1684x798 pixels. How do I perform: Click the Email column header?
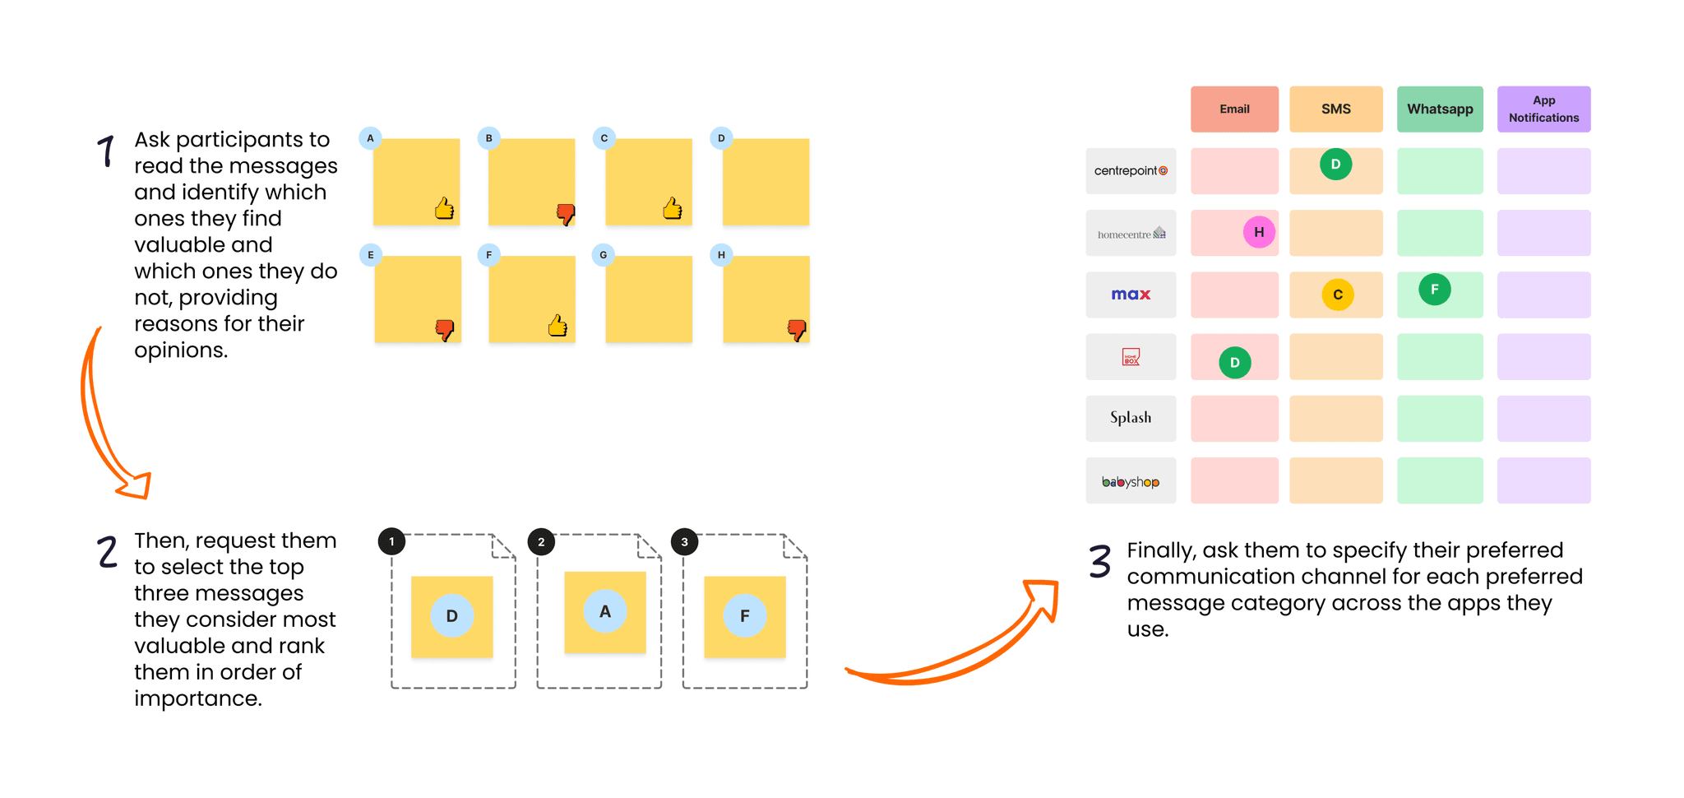pos(1234,109)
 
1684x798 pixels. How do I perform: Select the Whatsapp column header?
pos(1440,109)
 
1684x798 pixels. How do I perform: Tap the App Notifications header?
pos(1543,109)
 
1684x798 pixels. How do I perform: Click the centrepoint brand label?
pos(1131,171)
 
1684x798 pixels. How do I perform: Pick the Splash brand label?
pos(1131,418)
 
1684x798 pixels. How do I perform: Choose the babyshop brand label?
pos(1131,481)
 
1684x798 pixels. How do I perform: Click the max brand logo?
pos(1131,295)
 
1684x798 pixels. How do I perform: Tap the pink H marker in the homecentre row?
pos(1259,232)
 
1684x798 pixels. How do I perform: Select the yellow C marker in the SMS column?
pos(1338,295)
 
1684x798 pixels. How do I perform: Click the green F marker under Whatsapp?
pos(1435,290)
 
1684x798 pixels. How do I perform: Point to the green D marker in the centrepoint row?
pos(1335,165)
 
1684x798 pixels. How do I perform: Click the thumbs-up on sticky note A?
pos(445,209)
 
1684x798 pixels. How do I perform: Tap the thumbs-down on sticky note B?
pos(566,214)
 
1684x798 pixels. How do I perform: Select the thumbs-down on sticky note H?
pos(797,330)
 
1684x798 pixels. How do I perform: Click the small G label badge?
pos(604,255)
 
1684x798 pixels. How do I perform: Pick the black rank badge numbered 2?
pos(541,541)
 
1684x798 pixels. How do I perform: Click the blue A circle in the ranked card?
pos(605,611)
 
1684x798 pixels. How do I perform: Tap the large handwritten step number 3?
pos(1100,562)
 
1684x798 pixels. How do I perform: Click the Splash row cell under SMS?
pos(1335,418)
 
